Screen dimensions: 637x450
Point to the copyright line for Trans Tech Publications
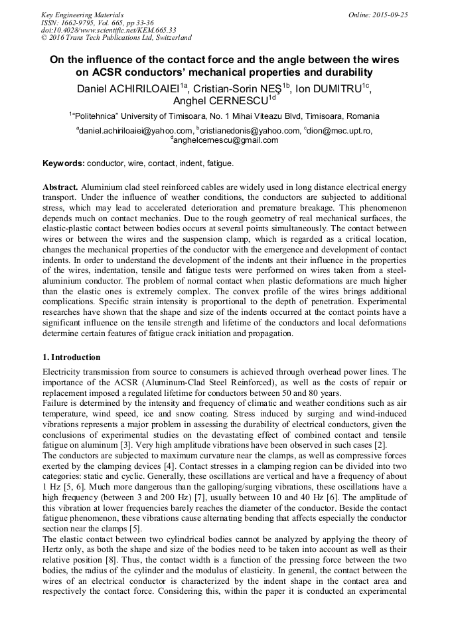[x=116, y=38]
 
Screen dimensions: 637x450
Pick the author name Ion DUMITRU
[x=332, y=88]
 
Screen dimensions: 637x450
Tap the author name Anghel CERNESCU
[x=220, y=101]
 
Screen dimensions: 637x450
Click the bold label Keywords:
[x=64, y=163]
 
